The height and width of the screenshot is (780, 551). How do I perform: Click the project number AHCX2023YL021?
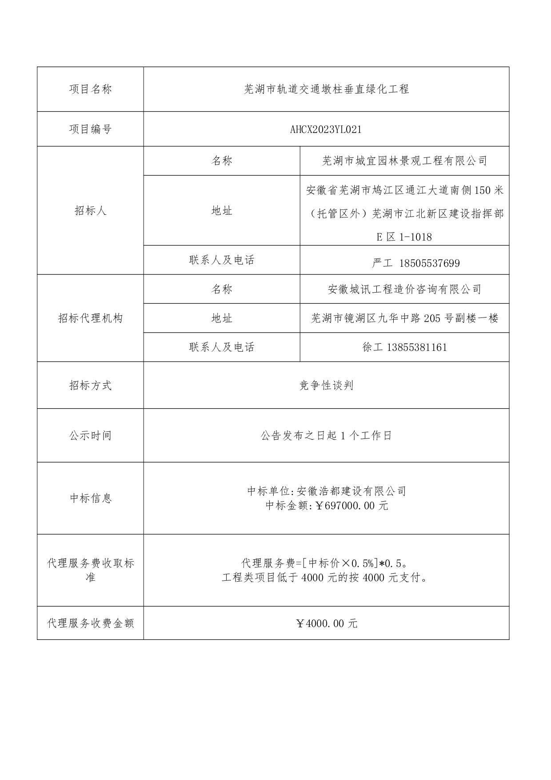[326, 129]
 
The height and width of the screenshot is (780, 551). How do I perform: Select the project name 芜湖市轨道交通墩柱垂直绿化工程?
[326, 89]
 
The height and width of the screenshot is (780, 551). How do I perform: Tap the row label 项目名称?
[90, 89]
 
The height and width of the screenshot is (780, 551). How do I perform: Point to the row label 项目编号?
[90, 129]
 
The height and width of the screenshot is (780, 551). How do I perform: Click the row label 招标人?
[90, 211]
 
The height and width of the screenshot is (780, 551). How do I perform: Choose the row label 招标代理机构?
[90, 318]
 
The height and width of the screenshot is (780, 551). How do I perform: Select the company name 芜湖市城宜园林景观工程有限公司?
[404, 161]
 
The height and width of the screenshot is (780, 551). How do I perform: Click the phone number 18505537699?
[429, 263]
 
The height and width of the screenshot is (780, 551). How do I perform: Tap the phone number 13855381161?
[417, 347]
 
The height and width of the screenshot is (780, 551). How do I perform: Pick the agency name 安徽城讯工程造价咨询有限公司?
[404, 289]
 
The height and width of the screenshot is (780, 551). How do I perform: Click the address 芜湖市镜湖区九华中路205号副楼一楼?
[404, 318]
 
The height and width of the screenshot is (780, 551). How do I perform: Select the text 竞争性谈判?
[326, 386]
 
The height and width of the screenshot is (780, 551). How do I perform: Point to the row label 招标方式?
[90, 386]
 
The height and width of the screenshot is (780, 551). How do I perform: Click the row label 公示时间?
[90, 436]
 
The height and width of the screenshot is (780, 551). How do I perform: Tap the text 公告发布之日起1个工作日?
[326, 436]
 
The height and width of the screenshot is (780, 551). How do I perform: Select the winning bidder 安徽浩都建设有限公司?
[351, 491]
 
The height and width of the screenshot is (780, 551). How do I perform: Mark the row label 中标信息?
[90, 499]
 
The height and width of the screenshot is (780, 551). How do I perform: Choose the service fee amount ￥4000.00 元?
[326, 623]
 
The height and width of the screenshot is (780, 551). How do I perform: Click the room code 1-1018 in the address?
[415, 237]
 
